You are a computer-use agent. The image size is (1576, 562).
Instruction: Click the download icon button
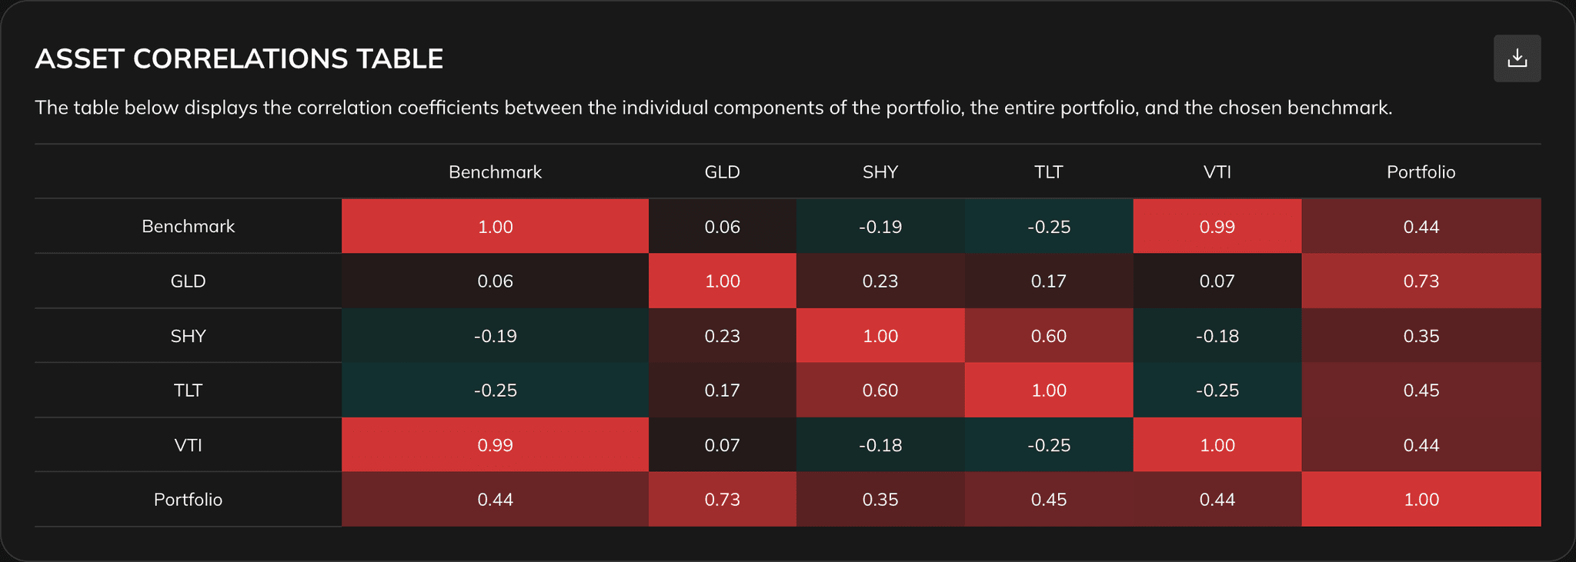(x=1517, y=58)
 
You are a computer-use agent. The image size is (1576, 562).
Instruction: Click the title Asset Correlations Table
(x=239, y=59)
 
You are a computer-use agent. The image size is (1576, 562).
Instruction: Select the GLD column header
(x=722, y=172)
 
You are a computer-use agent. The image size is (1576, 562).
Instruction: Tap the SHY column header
(x=880, y=172)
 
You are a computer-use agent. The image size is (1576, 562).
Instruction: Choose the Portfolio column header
(x=1421, y=172)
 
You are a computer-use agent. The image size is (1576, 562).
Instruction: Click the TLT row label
(x=188, y=391)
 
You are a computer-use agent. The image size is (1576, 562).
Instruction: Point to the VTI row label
(x=188, y=445)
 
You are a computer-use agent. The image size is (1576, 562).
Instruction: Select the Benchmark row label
(x=188, y=227)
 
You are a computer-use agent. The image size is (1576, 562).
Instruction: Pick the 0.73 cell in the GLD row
(x=1421, y=281)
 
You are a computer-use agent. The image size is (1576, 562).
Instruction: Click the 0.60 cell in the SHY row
(x=1048, y=336)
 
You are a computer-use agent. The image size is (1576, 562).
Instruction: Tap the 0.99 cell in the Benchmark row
(x=1217, y=227)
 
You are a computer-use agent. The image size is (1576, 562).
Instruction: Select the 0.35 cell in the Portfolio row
(x=880, y=500)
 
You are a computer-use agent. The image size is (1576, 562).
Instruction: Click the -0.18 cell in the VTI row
(x=880, y=445)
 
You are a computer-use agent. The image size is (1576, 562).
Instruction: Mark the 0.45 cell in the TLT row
(x=1421, y=391)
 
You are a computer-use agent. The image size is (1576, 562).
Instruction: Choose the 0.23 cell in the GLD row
(x=880, y=281)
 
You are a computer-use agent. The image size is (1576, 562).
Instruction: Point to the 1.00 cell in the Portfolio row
(x=1421, y=500)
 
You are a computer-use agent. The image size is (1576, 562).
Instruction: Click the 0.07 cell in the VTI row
(x=722, y=445)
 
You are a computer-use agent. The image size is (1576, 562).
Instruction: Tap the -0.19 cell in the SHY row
(x=495, y=336)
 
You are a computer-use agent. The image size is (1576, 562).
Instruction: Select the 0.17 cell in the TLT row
(x=722, y=391)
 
